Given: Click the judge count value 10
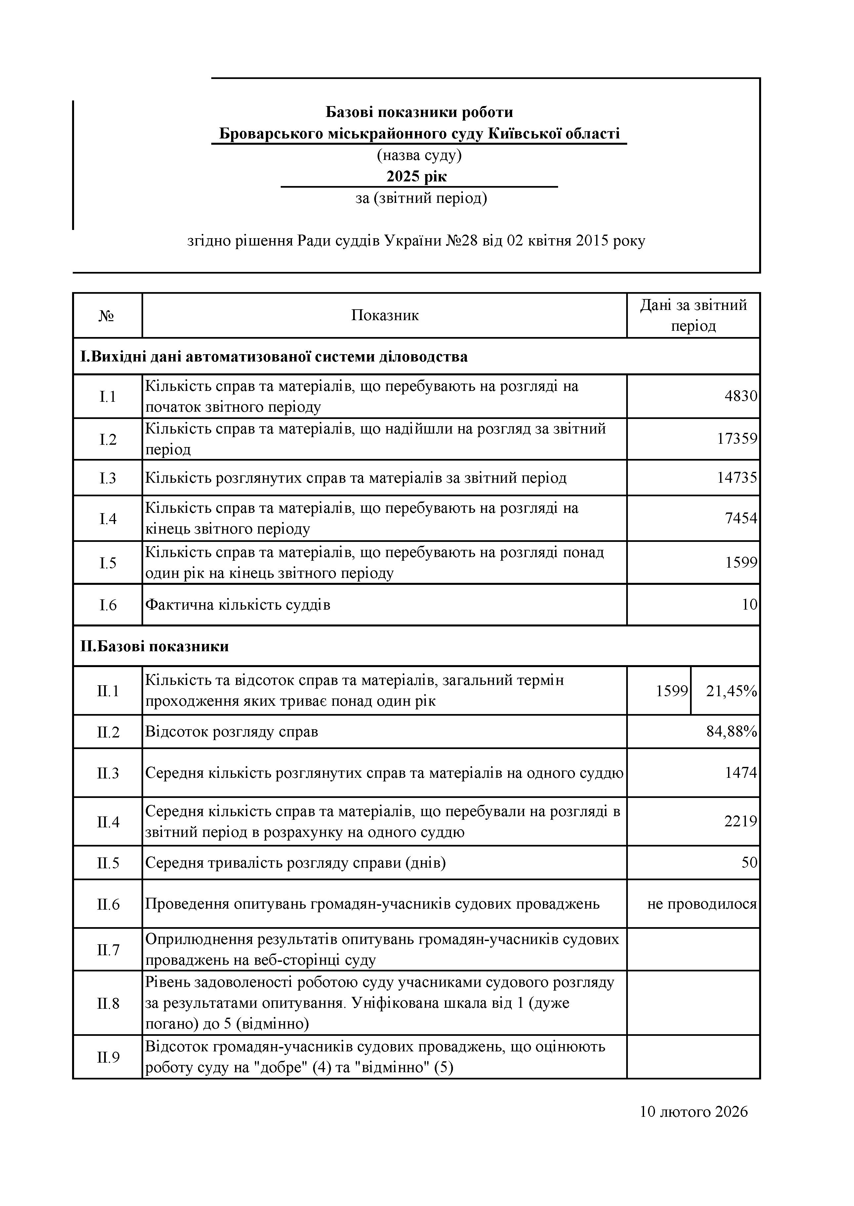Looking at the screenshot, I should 749,605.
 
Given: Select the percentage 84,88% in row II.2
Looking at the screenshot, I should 731,732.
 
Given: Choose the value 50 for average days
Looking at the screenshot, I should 749,862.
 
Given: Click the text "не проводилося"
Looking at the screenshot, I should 702,904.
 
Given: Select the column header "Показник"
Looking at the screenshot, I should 385,315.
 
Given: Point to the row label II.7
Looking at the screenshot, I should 108,950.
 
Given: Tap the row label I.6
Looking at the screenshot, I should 108,605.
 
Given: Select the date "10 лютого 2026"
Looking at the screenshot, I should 694,1112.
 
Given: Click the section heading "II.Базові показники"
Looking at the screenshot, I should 155,646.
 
